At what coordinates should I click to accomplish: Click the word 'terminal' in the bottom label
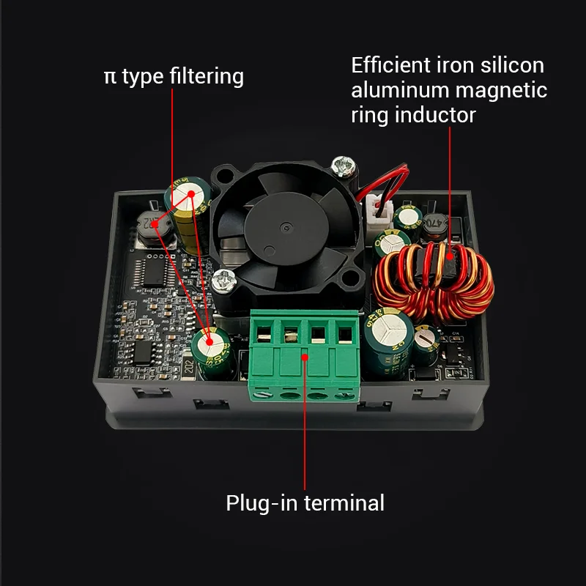click(344, 503)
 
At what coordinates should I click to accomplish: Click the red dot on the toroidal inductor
click(449, 256)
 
